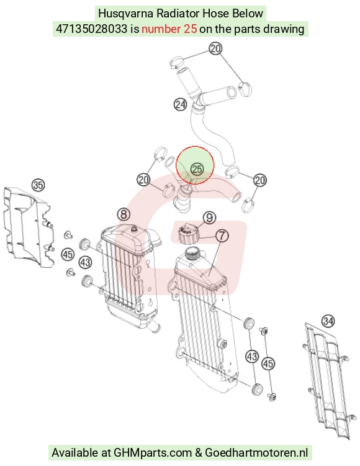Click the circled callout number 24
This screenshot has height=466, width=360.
click(x=180, y=104)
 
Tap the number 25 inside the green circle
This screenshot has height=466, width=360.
click(x=197, y=169)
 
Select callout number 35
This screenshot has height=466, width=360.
click(x=38, y=185)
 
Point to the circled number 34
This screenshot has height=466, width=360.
click(x=328, y=321)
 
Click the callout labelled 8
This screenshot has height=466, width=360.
click(x=124, y=214)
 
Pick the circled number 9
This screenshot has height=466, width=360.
click(x=210, y=218)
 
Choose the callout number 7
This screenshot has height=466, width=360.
click(x=222, y=236)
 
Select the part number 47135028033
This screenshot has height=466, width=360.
click(x=91, y=29)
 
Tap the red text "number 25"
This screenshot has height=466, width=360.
click(x=169, y=29)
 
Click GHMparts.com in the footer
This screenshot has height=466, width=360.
click(x=153, y=452)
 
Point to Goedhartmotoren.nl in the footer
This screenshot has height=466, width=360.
click(x=256, y=452)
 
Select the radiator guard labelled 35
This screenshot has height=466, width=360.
click(x=29, y=227)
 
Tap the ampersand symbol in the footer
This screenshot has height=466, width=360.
click(x=198, y=453)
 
